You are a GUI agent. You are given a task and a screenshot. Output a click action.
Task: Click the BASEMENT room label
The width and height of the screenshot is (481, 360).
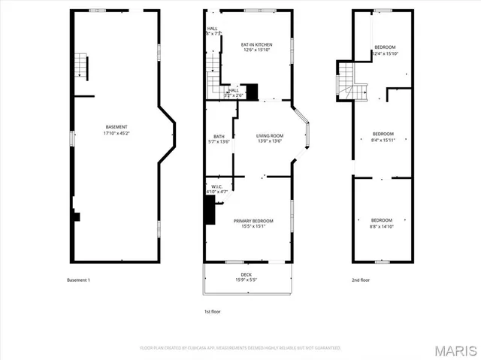tap(116, 126)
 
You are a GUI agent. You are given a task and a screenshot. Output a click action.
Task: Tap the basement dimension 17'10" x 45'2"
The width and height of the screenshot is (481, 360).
tap(116, 133)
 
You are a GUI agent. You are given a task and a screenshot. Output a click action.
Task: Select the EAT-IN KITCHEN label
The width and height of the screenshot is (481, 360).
tap(256, 44)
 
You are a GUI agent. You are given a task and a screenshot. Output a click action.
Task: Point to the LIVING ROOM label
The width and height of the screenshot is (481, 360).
tap(270, 135)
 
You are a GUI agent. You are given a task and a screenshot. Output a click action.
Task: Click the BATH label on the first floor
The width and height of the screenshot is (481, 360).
tap(219, 136)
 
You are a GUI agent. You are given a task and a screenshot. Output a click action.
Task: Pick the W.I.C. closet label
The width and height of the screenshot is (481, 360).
tap(216, 186)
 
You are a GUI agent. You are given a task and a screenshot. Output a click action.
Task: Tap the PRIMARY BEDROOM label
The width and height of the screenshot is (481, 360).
tap(253, 220)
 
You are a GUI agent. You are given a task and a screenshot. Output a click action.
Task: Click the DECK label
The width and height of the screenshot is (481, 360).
tap(246, 274)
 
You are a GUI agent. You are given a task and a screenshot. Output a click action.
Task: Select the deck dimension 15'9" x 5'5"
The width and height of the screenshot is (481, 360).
tap(246, 280)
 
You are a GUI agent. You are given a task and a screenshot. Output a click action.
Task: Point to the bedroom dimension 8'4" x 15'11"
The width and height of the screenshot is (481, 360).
tap(383, 140)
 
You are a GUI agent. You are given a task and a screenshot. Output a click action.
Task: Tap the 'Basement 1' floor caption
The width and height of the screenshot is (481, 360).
tap(78, 280)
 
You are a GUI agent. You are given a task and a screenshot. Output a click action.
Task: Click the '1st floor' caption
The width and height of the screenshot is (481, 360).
tap(212, 311)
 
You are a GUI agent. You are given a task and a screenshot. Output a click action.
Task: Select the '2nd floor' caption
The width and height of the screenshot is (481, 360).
tap(362, 280)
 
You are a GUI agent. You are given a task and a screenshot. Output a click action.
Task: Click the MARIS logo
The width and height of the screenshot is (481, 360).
tap(455, 350)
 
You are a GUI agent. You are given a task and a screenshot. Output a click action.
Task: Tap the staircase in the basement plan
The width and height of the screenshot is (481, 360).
tap(80, 66)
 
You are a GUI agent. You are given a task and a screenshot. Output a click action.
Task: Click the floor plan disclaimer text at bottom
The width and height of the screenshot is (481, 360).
tap(240, 348)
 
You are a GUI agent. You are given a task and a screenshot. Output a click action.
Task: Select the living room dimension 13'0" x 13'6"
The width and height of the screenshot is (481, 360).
tap(270, 141)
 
